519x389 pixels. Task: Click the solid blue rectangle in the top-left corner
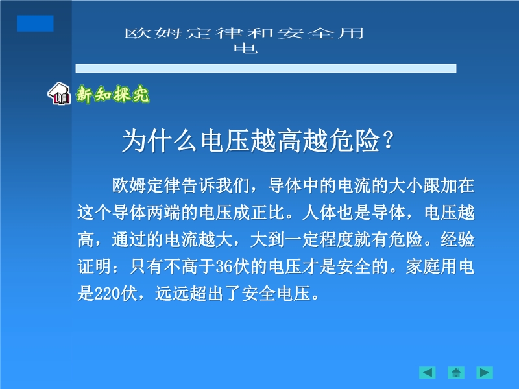click(x=35, y=23)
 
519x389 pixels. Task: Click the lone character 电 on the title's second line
click(x=246, y=48)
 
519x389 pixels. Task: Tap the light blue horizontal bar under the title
click(x=266, y=68)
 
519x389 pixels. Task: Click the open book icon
click(x=59, y=93)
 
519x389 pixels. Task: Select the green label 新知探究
click(x=112, y=94)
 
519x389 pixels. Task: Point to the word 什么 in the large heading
click(x=173, y=141)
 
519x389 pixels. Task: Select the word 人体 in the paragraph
click(x=319, y=213)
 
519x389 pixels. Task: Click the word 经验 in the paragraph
click(x=457, y=239)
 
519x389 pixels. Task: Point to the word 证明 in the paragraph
click(x=95, y=266)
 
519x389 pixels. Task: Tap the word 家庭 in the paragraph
click(x=423, y=266)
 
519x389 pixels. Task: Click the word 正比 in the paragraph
click(x=267, y=213)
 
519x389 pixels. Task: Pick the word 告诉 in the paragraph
click(x=199, y=185)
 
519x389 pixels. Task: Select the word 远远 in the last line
click(x=173, y=294)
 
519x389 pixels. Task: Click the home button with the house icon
click(x=456, y=372)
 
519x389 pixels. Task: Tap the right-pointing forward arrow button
click(x=485, y=372)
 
